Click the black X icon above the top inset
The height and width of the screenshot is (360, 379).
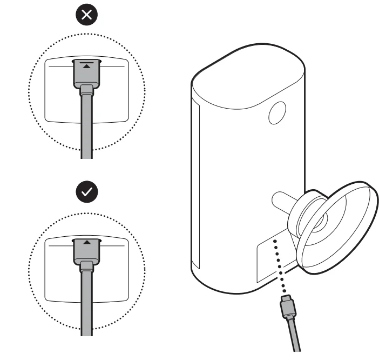click(86, 16)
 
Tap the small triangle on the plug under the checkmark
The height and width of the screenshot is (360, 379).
click(86, 242)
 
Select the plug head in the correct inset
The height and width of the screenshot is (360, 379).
click(86, 250)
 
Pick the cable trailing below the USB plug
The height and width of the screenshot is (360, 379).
click(295, 338)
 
